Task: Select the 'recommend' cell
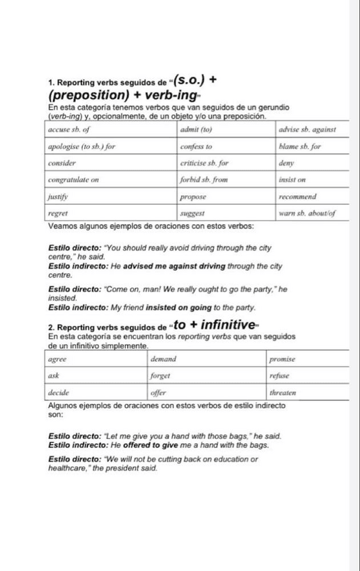click(x=299, y=197)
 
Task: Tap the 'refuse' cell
click(x=279, y=376)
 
